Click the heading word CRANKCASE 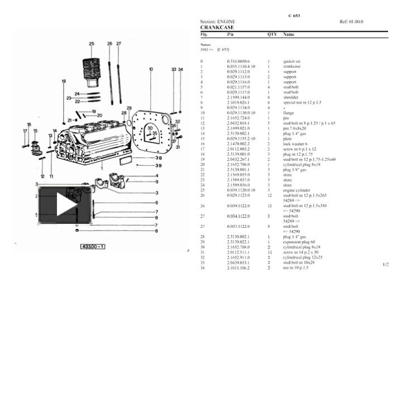click(217, 27)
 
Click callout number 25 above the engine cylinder click(91, 44)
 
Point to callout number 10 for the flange click(151, 69)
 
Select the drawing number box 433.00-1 click(93, 246)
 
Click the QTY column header click(272, 34)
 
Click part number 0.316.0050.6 click(238, 61)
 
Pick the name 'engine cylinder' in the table click(296, 190)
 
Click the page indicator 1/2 click(385, 264)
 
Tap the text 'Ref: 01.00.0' click(351, 22)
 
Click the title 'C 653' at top click(294, 16)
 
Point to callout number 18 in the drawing click(64, 82)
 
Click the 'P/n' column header click(231, 34)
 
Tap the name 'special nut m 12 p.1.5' click(302, 102)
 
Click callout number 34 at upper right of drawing click(180, 69)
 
